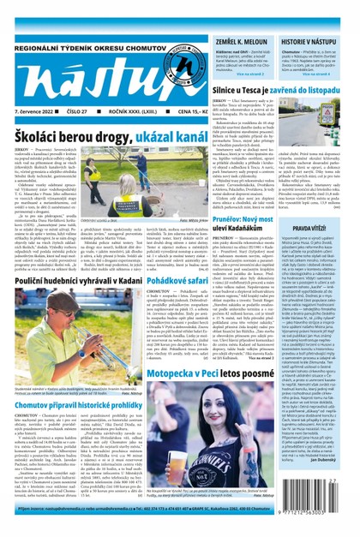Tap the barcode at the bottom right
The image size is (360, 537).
[325, 517]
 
